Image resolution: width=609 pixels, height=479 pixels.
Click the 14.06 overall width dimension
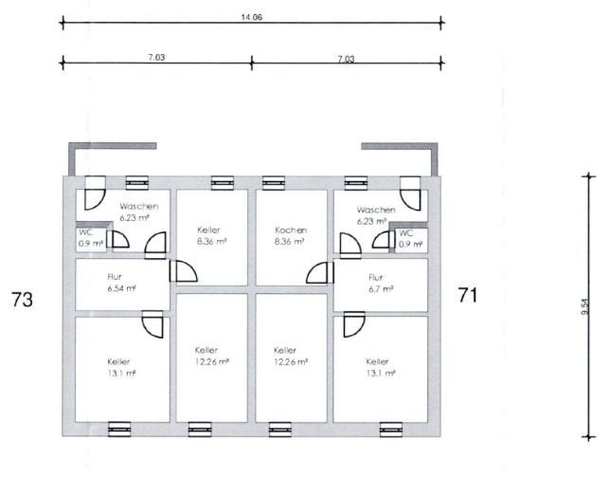[x=252, y=17]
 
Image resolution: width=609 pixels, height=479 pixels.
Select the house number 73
[x=22, y=300]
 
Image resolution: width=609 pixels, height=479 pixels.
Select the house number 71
[x=468, y=295]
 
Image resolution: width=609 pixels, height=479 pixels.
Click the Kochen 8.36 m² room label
[x=290, y=235]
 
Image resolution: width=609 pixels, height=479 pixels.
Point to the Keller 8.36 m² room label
[x=211, y=235]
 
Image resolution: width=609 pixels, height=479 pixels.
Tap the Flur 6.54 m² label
[x=121, y=283]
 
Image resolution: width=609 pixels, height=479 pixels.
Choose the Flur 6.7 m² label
[x=381, y=283]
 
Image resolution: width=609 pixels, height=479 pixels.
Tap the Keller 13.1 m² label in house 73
[x=121, y=367]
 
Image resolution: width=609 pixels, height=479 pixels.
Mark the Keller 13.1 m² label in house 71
[x=381, y=367]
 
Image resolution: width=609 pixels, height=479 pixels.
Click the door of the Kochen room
[x=319, y=272]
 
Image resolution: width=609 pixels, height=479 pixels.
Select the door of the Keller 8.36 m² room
[x=184, y=271]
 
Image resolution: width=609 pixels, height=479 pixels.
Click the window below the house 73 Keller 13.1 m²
[x=119, y=429]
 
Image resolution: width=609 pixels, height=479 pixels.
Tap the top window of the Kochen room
[x=274, y=183]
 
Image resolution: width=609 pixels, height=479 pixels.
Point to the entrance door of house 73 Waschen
[x=95, y=193]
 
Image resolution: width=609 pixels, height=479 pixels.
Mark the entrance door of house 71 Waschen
[x=410, y=193]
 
